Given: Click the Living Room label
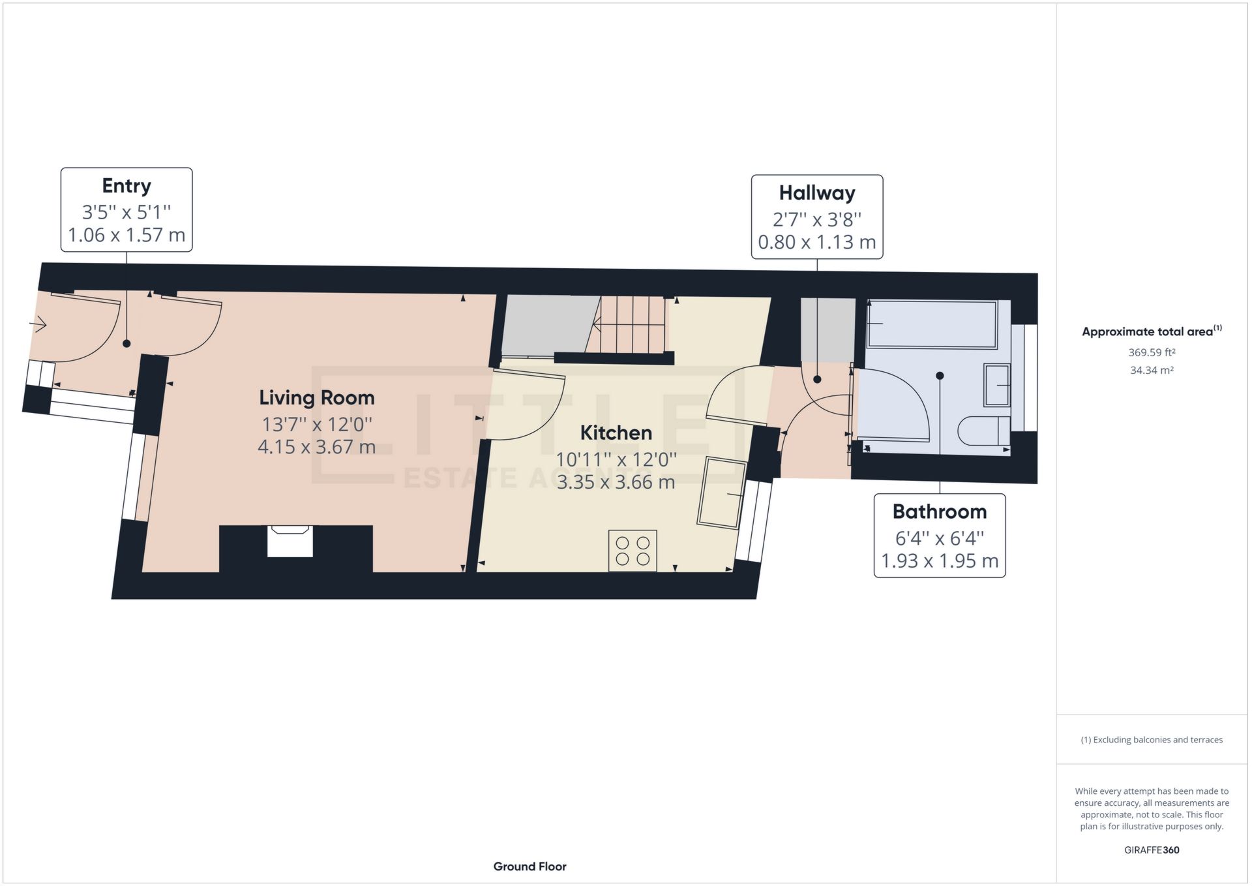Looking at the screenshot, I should pyautogui.click(x=317, y=397).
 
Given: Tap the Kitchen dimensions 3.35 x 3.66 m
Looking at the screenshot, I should pyautogui.click(x=616, y=482).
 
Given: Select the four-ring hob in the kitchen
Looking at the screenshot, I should pyautogui.click(x=633, y=551).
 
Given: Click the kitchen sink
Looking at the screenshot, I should pyautogui.click(x=722, y=493).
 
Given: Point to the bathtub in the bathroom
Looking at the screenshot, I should pyautogui.click(x=931, y=324).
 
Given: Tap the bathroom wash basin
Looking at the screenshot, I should pyautogui.click(x=996, y=385).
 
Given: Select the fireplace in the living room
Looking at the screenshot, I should pyautogui.click(x=290, y=541).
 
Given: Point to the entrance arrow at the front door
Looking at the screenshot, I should pyautogui.click(x=38, y=324).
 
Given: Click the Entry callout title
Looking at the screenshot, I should pyautogui.click(x=127, y=186).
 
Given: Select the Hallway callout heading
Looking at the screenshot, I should pyautogui.click(x=817, y=193).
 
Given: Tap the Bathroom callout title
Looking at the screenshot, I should pyautogui.click(x=939, y=512).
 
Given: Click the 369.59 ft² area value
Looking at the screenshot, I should pyautogui.click(x=1152, y=352).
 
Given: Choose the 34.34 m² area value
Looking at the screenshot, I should pyautogui.click(x=1152, y=370).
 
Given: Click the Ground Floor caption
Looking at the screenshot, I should pyautogui.click(x=529, y=866).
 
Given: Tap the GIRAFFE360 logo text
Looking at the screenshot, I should pyautogui.click(x=1152, y=850).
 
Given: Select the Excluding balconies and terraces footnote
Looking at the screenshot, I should pyautogui.click(x=1152, y=740).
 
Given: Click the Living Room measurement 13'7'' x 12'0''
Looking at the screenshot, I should pyautogui.click(x=317, y=425).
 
